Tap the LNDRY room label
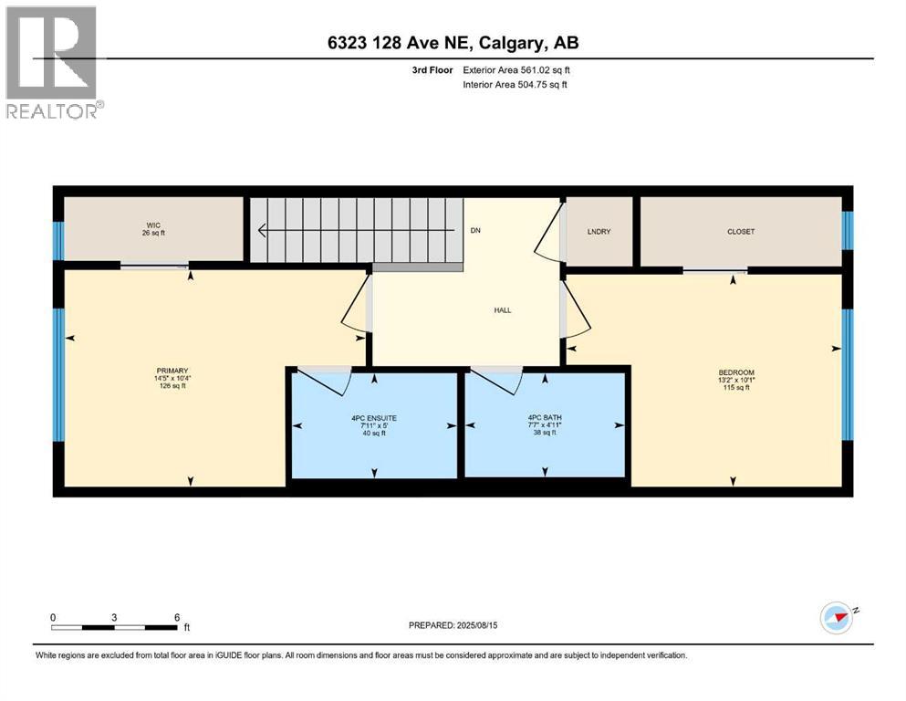(x=599, y=232)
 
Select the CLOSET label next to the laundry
(x=741, y=232)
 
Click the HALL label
(x=502, y=310)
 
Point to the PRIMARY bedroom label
(x=172, y=371)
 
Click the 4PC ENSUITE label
(x=374, y=418)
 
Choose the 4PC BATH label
(x=545, y=418)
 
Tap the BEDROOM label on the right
(x=735, y=372)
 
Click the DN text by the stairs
(x=475, y=231)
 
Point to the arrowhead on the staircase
(x=263, y=230)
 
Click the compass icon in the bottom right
(x=836, y=618)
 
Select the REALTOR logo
(x=53, y=61)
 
